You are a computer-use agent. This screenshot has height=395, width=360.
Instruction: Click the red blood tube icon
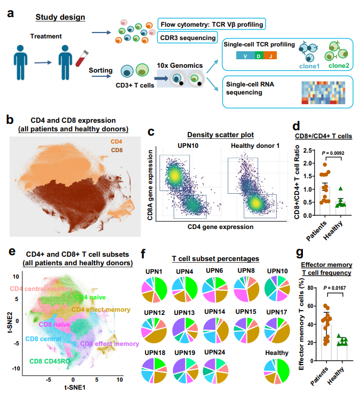pos(81,56)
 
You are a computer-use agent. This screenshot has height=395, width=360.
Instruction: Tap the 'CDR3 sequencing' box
pos(187,37)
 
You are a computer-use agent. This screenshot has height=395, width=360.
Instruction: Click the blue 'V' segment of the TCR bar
pos(244,55)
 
